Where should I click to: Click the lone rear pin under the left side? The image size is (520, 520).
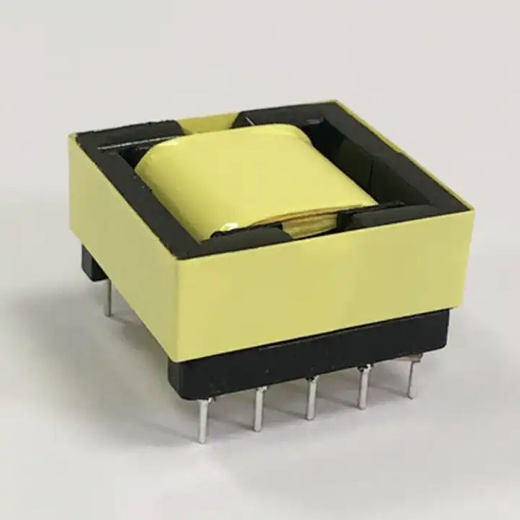point(107,302)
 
